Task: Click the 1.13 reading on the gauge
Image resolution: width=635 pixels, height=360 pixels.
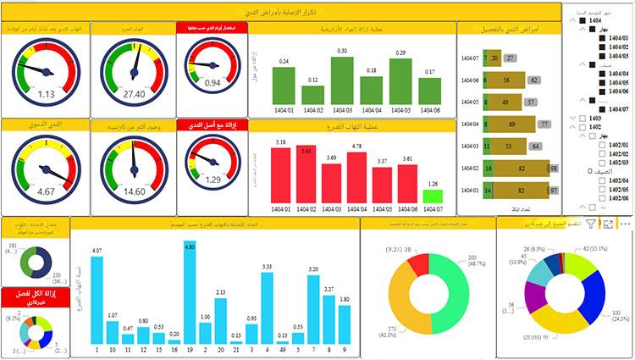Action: click(x=46, y=94)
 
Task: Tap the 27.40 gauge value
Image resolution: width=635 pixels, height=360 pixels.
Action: click(x=134, y=94)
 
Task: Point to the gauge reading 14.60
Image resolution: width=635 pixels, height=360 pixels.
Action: click(x=134, y=191)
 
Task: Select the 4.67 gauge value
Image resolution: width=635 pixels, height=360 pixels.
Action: click(x=46, y=191)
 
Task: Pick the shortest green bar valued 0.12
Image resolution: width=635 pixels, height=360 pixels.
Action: click(x=312, y=94)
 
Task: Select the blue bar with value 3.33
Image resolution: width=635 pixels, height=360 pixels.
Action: click(x=267, y=308)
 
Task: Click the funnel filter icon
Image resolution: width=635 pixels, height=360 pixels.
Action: click(x=590, y=224)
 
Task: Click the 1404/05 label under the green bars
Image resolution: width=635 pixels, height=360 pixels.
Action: click(x=401, y=109)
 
